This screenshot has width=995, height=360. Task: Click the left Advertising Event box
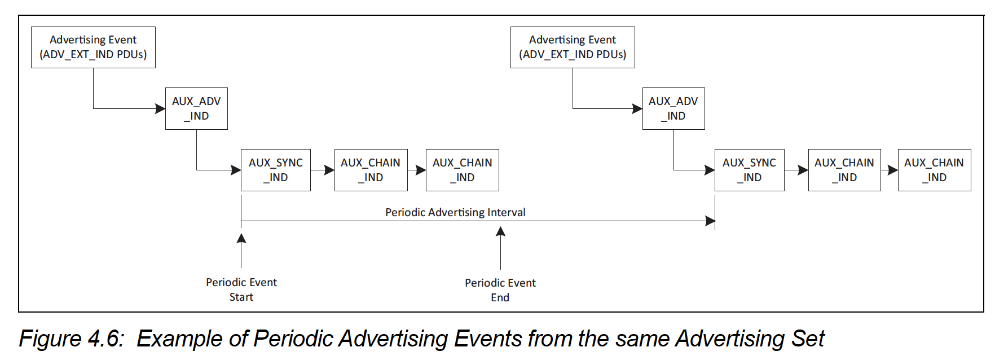(x=93, y=47)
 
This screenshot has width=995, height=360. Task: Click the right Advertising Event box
(x=573, y=47)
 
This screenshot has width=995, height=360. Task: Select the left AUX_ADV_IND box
(x=196, y=108)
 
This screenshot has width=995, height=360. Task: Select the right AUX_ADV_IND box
(x=673, y=108)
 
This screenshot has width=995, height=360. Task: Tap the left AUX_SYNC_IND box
(x=275, y=170)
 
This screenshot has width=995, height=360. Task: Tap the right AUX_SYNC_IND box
(x=749, y=170)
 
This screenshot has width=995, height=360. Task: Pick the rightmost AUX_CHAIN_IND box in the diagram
(x=934, y=170)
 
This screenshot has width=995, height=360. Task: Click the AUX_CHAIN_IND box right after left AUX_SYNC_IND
(x=371, y=170)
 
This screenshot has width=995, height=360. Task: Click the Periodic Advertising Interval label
(x=455, y=212)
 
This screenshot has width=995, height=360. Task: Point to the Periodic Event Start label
(x=241, y=289)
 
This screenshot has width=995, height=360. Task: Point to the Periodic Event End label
(x=500, y=290)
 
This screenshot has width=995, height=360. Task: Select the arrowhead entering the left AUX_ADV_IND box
(x=160, y=108)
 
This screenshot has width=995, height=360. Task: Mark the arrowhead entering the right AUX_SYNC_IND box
(x=710, y=170)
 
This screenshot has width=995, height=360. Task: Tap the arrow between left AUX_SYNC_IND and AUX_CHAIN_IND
(x=323, y=170)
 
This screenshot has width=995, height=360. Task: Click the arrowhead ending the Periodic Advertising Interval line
(x=710, y=221)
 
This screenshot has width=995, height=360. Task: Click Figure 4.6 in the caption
(x=71, y=339)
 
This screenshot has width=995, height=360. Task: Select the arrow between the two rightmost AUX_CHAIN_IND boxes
(x=890, y=170)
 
